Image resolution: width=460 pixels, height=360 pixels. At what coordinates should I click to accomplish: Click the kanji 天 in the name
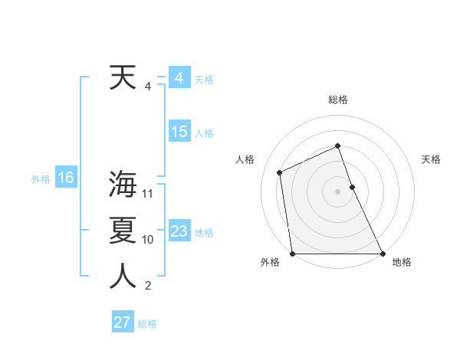point(123,77)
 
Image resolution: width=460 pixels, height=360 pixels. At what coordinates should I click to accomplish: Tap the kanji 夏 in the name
point(123,230)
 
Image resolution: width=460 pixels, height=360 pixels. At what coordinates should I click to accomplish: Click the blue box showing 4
point(179,78)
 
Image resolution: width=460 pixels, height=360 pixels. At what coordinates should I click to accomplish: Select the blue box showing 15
point(179,132)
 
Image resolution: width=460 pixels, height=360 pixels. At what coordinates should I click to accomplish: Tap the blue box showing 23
point(179,231)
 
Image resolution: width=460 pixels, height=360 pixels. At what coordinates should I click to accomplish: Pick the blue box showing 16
point(65,178)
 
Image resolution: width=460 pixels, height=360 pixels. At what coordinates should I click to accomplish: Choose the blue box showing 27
point(122,322)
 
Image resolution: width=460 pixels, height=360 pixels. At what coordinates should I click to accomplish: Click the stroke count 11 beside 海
point(148,193)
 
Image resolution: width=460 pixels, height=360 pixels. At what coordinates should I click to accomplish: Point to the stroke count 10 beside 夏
point(148,239)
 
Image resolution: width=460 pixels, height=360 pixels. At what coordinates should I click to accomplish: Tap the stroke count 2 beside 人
point(148,286)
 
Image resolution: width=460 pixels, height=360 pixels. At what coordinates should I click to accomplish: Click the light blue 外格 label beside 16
point(41,179)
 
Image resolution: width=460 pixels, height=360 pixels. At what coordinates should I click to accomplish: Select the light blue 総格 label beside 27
point(147,324)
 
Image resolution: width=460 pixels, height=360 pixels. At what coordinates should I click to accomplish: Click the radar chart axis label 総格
point(337,100)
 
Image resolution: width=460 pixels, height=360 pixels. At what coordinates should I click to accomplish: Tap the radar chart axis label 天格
point(431,159)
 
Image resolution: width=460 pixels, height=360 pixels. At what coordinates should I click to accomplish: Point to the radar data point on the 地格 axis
point(383,254)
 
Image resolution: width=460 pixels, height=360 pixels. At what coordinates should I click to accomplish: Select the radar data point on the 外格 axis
point(292,254)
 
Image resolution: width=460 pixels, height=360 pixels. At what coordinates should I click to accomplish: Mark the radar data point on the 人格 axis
point(280,172)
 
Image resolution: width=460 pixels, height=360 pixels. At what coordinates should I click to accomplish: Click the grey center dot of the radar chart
point(337,191)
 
